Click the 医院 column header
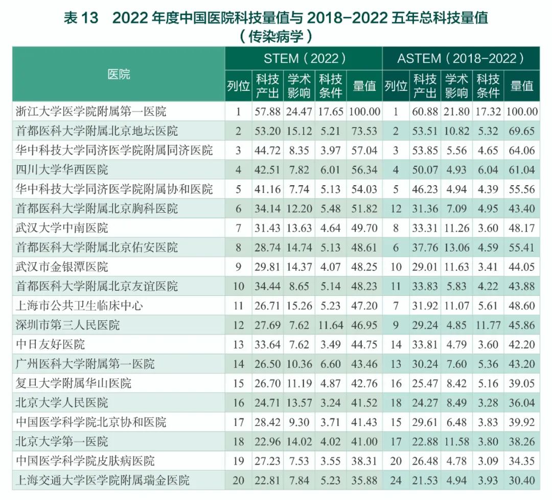(119, 74)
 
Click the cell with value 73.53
(364, 131)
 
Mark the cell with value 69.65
(521, 131)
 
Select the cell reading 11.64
(330, 324)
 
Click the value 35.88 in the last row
(364, 480)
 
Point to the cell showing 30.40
(521, 480)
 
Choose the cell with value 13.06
(456, 247)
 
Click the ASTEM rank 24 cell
(396, 480)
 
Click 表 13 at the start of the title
(80, 18)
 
